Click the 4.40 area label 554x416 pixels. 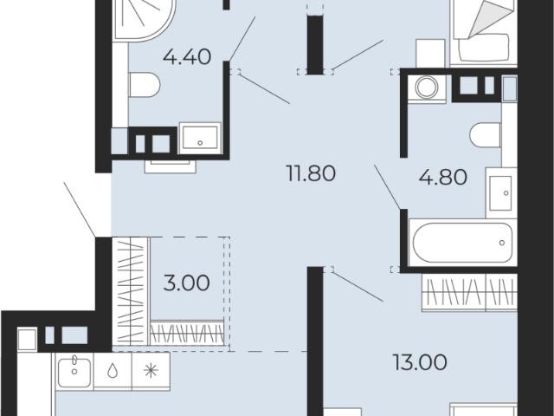[x=187, y=56]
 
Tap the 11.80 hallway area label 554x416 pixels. [x=311, y=173]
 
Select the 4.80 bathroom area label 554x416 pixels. [x=443, y=177]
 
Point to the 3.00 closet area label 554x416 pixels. [x=187, y=283]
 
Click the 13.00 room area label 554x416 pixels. [x=420, y=362]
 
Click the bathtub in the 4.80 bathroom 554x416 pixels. [x=462, y=243]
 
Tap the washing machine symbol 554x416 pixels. [x=427, y=87]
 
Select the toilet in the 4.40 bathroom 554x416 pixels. [x=145, y=85]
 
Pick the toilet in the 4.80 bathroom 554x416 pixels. [x=486, y=135]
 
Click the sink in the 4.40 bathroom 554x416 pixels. [x=200, y=138]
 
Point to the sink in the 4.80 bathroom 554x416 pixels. [x=501, y=192]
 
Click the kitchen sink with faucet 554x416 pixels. [x=74, y=371]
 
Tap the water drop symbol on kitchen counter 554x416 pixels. [x=113, y=371]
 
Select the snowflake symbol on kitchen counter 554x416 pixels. [x=151, y=370]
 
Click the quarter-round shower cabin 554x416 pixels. [x=144, y=19]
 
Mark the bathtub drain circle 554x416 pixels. [x=502, y=243]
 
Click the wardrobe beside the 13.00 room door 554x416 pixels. [x=469, y=292]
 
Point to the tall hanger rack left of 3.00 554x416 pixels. [x=132, y=291]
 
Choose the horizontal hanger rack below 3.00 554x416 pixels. [x=187, y=333]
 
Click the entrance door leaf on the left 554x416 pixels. [x=80, y=209]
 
